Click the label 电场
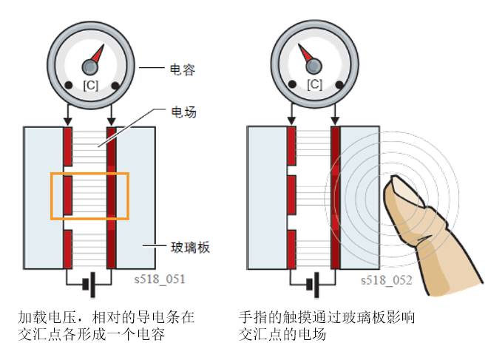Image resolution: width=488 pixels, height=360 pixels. click(x=183, y=113)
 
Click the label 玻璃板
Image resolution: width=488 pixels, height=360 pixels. click(x=190, y=247)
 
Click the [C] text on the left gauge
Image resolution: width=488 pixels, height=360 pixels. click(x=91, y=85)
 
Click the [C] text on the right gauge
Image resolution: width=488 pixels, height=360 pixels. click(x=314, y=84)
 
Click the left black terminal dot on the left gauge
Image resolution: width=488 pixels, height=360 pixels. click(x=67, y=85)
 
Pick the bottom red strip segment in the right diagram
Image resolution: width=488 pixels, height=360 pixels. click(x=291, y=249)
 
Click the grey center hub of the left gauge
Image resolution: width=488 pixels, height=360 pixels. click(x=90, y=67)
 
